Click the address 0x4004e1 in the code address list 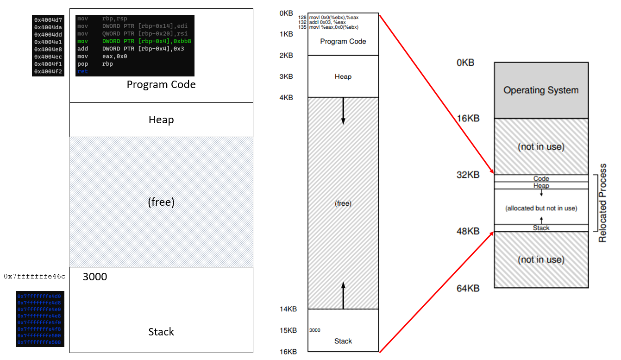point(48,42)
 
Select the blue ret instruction point(82,71)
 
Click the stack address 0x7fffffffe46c point(35,277)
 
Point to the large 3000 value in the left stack point(95,277)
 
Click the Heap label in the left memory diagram point(161,120)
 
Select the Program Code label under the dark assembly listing point(161,84)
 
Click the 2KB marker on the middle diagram point(286,56)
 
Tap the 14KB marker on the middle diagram point(288,309)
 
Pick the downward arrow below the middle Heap point(343,111)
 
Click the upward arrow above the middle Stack point(343,295)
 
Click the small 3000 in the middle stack point(315,330)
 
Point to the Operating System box point(541,90)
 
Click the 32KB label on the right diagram point(468,175)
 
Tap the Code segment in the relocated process point(541,178)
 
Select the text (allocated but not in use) point(541,208)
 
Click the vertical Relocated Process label point(602,203)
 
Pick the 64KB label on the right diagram point(468,289)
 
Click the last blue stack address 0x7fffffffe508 point(39,342)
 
